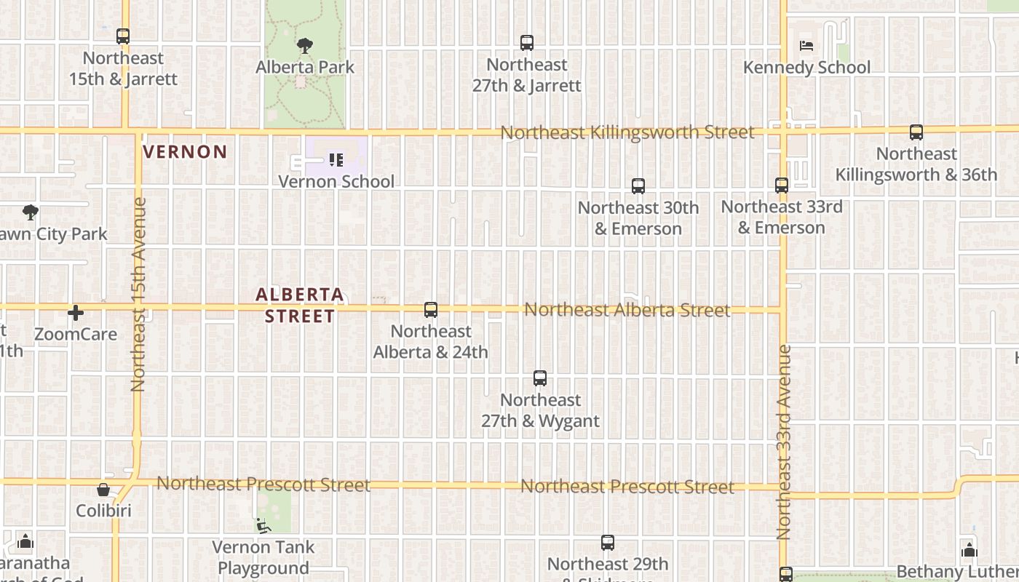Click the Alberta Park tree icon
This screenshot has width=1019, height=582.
tap(305, 46)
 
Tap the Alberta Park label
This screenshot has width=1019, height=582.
tap(305, 67)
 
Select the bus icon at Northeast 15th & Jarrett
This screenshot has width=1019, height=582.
tap(123, 36)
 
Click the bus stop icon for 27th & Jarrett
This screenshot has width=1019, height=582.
tap(527, 43)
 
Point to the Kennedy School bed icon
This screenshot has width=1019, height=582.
tap(806, 46)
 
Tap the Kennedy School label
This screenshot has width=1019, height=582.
tap(806, 67)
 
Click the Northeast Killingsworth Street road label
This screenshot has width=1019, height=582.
tap(627, 132)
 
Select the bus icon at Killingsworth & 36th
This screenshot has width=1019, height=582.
tap(916, 132)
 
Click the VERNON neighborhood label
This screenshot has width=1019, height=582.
tap(186, 152)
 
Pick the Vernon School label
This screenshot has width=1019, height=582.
tap(336, 181)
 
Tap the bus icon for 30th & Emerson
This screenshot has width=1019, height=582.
tap(638, 186)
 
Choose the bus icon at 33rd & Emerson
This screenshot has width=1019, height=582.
tap(782, 186)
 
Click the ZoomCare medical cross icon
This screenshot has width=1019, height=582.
tap(76, 313)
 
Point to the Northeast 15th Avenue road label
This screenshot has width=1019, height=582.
tap(138, 295)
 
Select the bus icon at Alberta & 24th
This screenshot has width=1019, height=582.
tap(431, 310)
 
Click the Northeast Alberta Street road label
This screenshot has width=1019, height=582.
tap(627, 310)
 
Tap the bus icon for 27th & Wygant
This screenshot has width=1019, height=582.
tap(540, 378)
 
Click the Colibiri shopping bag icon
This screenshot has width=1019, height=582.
tap(103, 490)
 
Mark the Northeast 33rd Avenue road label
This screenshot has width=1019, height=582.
tap(784, 442)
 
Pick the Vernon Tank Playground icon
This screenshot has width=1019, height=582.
tap(263, 525)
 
